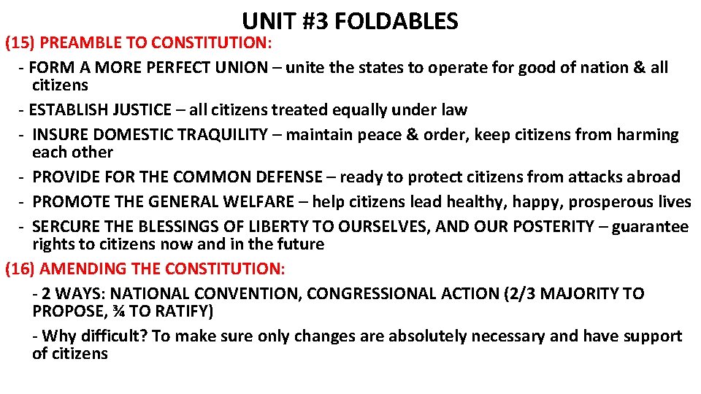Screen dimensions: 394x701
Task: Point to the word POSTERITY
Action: tap(556, 226)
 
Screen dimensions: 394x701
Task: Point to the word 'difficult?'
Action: tap(112, 336)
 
